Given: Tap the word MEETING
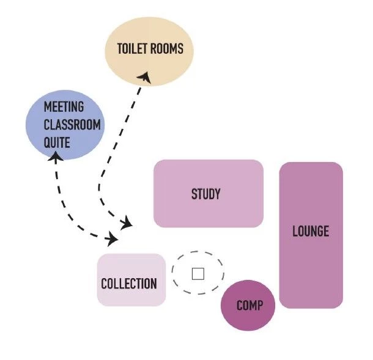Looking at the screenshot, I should (64, 106).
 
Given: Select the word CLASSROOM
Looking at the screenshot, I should (72, 125).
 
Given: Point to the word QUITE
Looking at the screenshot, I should (57, 143).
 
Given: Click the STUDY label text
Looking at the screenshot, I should (205, 194).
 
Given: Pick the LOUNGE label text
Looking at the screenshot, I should (310, 231).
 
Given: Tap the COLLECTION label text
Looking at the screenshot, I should (128, 284).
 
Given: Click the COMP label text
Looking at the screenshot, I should (248, 305).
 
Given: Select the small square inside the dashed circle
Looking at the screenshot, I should (198, 273).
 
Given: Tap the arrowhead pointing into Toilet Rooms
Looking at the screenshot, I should (144, 76).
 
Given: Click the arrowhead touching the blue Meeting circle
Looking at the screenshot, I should (55, 157).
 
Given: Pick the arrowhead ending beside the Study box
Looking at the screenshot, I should (127, 223).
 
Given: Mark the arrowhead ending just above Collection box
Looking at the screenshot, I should (113, 238).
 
